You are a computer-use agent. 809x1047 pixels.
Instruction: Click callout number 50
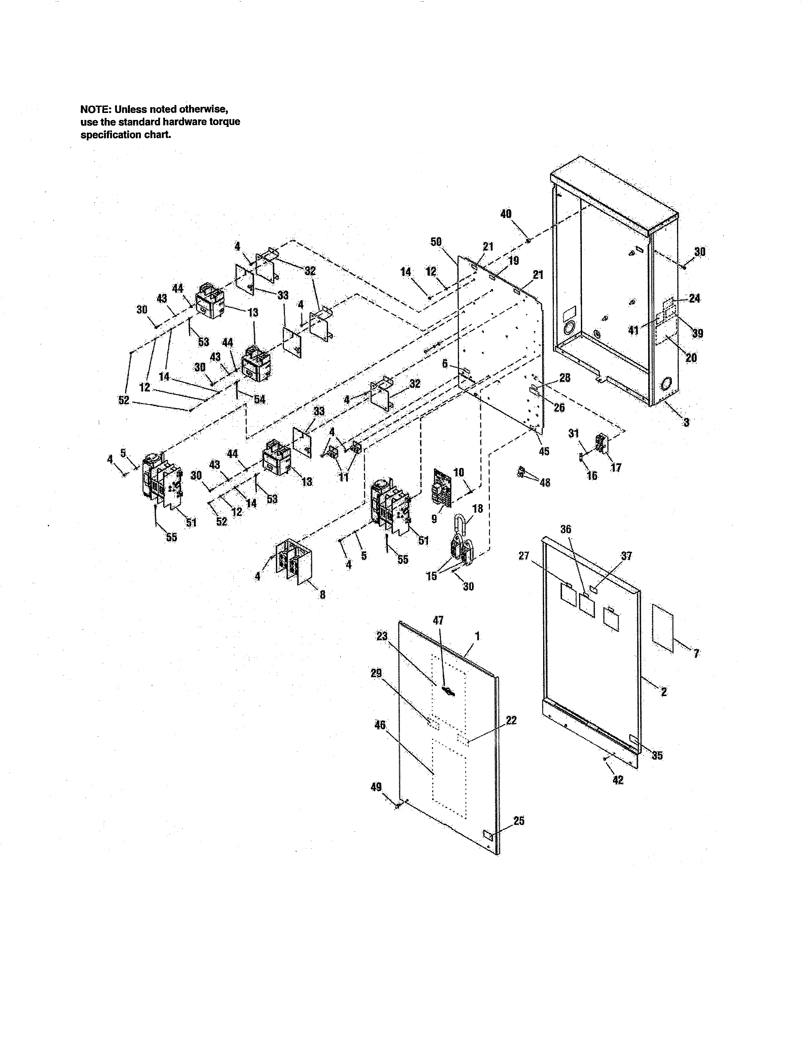tap(436, 242)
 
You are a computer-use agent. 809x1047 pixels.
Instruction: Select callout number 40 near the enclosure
tap(506, 214)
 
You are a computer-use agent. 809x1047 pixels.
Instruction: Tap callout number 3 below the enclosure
tap(686, 422)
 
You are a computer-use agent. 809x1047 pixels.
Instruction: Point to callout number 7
tap(696, 653)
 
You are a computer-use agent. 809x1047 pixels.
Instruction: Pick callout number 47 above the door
tap(438, 620)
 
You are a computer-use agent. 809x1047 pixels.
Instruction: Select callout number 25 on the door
tap(519, 821)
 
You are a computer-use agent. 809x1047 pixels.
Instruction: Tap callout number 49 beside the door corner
tap(376, 787)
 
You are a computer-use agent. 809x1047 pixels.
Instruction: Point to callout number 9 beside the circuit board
tap(434, 519)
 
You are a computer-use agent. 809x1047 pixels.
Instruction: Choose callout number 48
tap(545, 483)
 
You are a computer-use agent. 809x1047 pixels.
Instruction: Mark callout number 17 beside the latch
tap(616, 467)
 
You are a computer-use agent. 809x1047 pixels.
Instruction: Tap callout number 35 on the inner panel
tap(657, 755)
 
